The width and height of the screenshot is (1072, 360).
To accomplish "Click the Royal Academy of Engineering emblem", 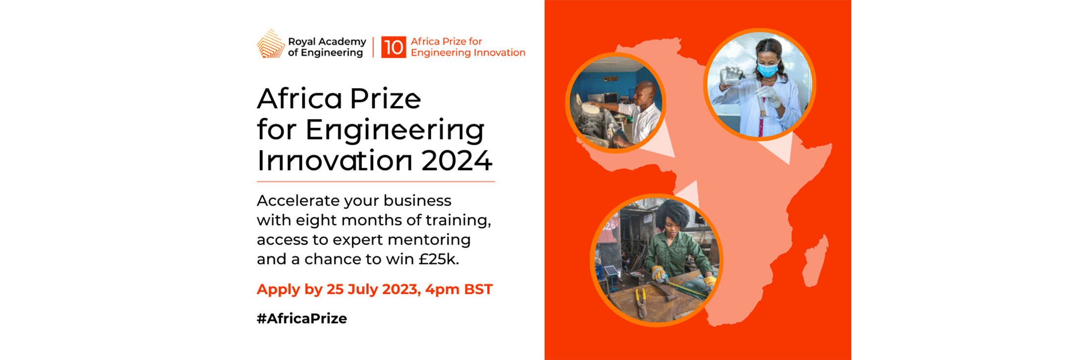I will point(270,44).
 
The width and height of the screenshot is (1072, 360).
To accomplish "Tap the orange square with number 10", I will point(393,47).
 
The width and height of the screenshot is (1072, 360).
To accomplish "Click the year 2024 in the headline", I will point(457,161).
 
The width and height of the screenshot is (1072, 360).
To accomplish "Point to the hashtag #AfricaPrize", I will point(302,318).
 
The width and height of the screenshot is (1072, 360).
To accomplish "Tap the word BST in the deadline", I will point(478,289).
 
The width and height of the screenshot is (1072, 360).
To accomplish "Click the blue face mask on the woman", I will point(767,70).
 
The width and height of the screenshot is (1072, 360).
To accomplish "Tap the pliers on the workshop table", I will point(641,302).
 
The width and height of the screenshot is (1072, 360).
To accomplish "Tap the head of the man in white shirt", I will point(645,92).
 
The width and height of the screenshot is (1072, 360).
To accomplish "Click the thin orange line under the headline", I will point(376,181).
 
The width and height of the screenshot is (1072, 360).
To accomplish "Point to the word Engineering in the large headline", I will point(394,130).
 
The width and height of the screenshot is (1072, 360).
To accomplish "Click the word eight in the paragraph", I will point(316,220).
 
